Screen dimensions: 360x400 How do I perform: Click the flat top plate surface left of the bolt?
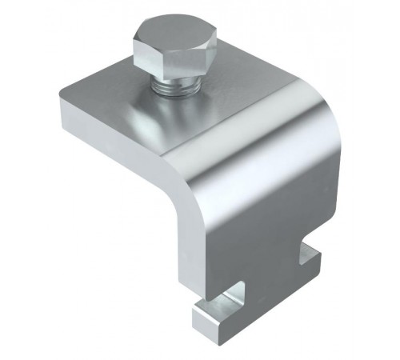click(x=104, y=104)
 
